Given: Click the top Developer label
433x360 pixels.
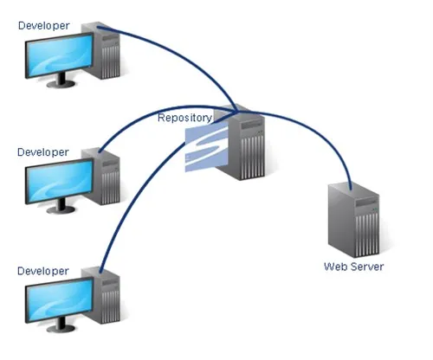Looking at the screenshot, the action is [43, 26].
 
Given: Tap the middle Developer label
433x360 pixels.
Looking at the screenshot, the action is [43, 152].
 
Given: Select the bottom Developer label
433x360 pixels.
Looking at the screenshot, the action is [43, 271].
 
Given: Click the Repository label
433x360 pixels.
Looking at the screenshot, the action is [184, 118].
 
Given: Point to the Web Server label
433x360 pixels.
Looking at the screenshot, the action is [353, 267].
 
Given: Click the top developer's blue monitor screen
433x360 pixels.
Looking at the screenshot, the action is [60, 55].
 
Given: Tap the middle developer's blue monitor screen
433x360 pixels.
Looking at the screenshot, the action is [60, 181].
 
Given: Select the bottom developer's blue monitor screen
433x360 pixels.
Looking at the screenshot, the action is [60, 299].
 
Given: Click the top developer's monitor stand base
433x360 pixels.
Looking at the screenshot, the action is [61, 84].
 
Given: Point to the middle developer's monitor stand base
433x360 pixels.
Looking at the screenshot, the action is [61, 210].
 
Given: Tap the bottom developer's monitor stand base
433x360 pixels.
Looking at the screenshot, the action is [61, 329].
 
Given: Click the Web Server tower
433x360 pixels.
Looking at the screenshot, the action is [353, 220].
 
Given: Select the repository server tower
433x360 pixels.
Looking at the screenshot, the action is [244, 143].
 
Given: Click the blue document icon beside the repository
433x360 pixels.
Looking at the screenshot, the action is [206, 148].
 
